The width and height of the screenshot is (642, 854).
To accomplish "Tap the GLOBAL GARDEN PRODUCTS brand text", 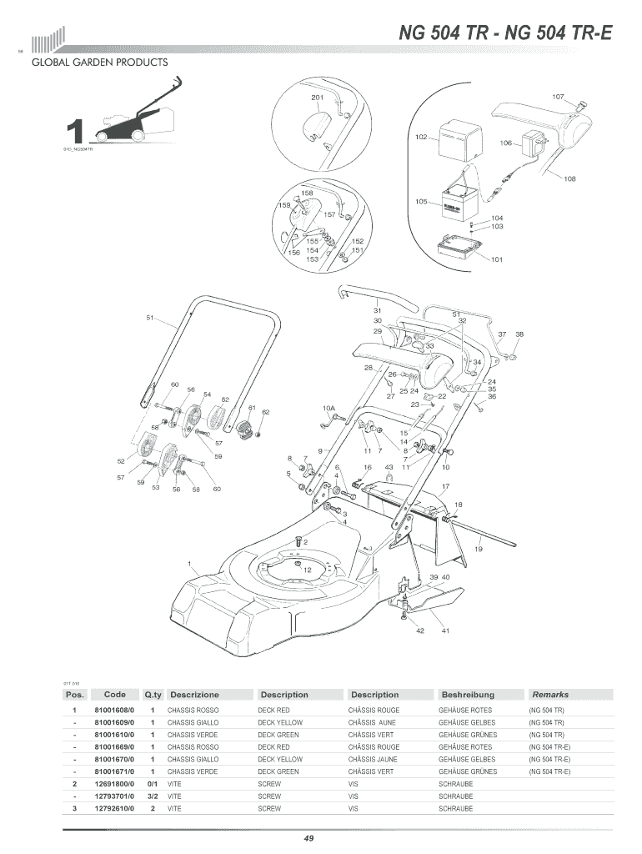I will click(99, 63).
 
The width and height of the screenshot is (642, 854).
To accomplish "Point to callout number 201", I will click(317, 98).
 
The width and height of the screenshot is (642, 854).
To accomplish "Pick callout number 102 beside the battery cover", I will click(421, 137).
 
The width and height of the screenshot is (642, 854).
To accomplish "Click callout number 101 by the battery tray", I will click(497, 259).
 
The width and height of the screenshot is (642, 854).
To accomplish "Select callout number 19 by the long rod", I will click(479, 549).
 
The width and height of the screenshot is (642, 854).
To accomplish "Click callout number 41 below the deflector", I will click(446, 630).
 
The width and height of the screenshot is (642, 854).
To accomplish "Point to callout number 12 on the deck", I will click(307, 570).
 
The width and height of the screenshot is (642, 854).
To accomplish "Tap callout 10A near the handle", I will click(329, 409).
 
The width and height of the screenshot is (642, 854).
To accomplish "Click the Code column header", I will click(115, 694).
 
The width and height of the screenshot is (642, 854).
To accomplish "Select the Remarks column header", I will click(550, 694).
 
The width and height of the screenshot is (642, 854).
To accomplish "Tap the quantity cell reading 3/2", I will click(153, 796).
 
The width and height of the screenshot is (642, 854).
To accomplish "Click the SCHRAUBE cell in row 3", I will click(455, 809).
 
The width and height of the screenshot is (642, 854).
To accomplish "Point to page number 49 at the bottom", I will click(308, 837).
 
